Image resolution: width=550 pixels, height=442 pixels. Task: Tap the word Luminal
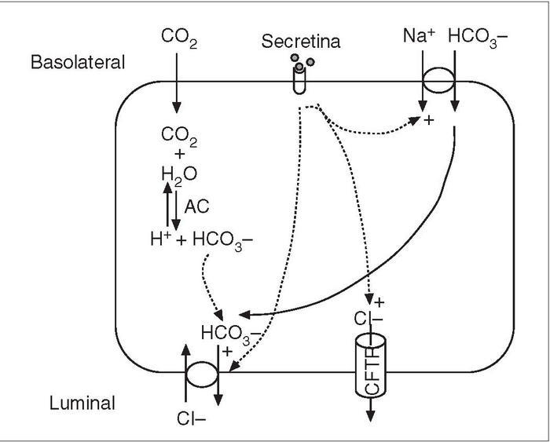[82, 404]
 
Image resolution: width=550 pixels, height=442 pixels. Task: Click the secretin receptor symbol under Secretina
[299, 79]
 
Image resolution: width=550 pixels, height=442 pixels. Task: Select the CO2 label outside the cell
[177, 36]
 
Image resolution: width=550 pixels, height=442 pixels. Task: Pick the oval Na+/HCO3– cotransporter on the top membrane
[439, 81]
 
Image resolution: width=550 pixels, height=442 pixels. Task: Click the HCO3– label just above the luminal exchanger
[225, 332]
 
